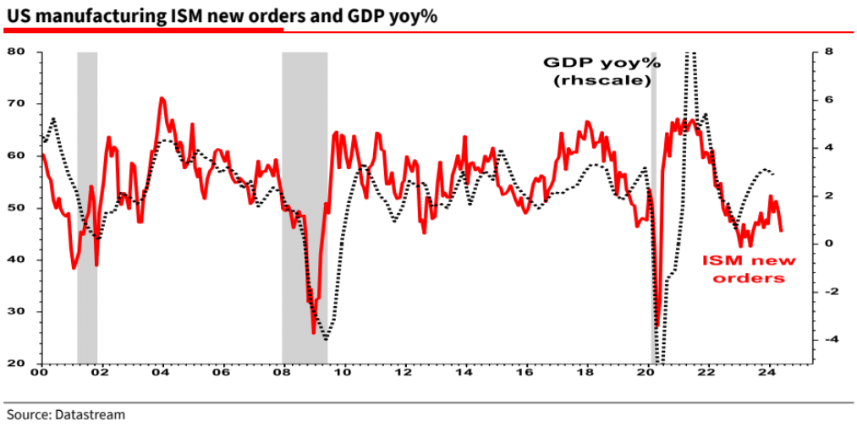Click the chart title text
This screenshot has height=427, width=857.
click(221, 14)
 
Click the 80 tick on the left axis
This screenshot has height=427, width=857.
click(24, 52)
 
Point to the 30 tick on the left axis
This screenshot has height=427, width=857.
click(24, 312)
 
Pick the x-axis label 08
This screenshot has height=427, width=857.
click(282, 372)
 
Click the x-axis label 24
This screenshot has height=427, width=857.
click(767, 372)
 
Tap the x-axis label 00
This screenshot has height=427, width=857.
click(39, 372)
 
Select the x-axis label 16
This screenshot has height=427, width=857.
click(525, 372)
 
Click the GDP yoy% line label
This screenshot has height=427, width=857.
click(601, 72)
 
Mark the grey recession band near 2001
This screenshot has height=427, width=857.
click(87, 207)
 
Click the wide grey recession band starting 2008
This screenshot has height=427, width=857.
click(304, 207)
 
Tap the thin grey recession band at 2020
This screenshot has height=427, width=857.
click(653, 207)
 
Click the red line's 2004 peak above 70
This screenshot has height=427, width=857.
click(161, 98)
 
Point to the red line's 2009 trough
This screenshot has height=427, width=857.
click(313, 332)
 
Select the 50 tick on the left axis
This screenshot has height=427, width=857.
click(24, 208)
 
